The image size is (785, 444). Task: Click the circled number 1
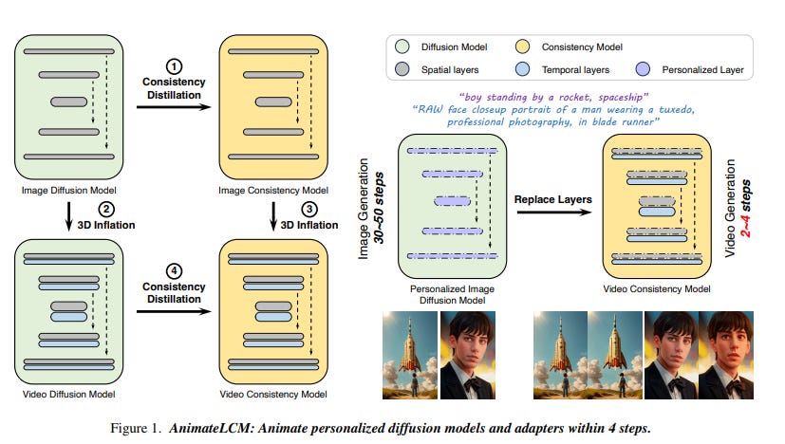(x=174, y=66)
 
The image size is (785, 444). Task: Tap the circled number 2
(x=106, y=209)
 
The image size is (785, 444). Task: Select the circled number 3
(x=309, y=209)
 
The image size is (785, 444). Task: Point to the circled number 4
(x=174, y=270)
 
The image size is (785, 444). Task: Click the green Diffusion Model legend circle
(x=402, y=46)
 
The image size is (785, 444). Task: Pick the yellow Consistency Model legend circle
(x=523, y=46)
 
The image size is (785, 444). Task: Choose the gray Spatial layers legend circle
(x=402, y=69)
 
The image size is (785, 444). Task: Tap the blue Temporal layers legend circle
(x=523, y=69)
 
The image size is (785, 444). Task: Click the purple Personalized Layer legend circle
(x=643, y=69)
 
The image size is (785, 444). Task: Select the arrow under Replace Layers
(x=553, y=213)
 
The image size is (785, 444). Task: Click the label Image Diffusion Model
(x=68, y=190)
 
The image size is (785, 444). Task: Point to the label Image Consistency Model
(x=273, y=190)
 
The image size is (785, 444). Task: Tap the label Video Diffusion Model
(x=68, y=395)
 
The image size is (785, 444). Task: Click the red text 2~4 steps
(x=746, y=208)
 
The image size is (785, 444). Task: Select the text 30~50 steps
(x=379, y=208)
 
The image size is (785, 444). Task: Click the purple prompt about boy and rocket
(x=553, y=97)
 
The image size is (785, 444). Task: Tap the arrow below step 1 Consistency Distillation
(x=174, y=106)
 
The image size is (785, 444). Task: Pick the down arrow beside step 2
(x=69, y=216)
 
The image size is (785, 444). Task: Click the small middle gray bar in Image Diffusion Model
(x=68, y=102)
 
